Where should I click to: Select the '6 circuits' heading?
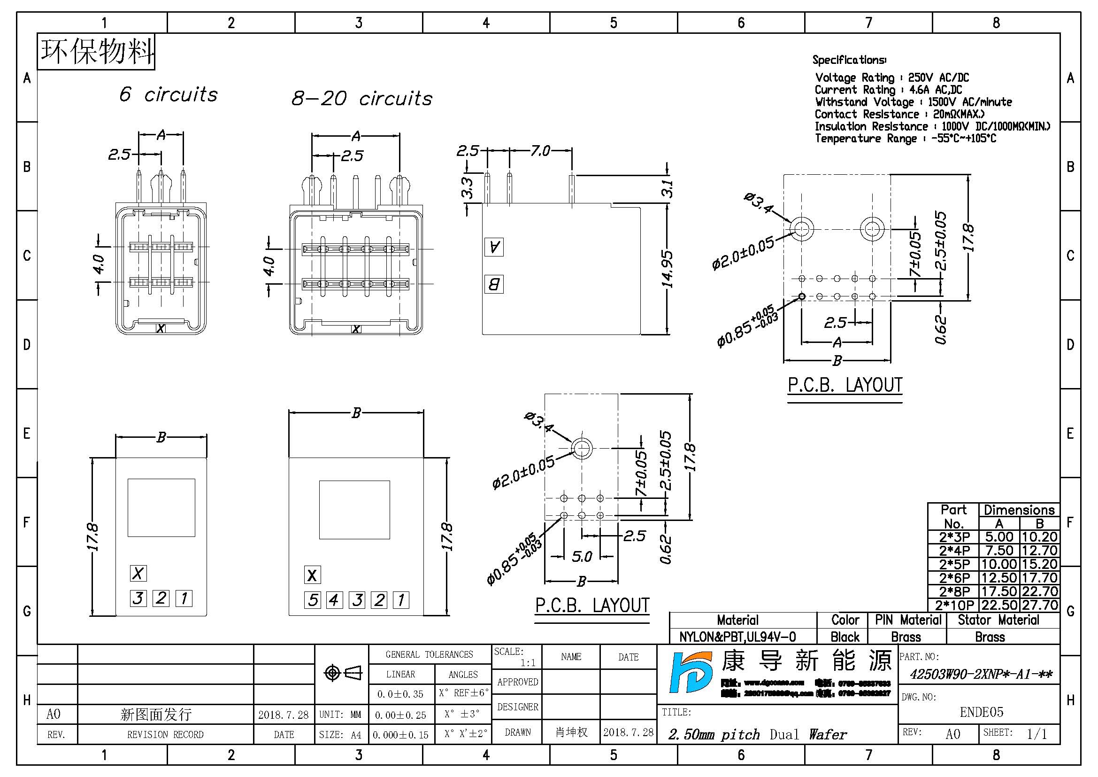[169, 94]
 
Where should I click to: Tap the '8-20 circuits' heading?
[361, 99]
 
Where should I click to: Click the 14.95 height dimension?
[667, 269]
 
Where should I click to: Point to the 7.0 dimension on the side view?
[540, 151]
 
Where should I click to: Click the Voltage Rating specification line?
[891, 78]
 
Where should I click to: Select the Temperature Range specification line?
[905, 138]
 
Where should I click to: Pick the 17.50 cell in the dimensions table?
[998, 591]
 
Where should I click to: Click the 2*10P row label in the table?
[954, 605]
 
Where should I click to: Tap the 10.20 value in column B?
[1039, 537]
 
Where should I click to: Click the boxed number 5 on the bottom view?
[313, 600]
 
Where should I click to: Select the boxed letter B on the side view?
[493, 284]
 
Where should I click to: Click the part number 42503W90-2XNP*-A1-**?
[980, 675]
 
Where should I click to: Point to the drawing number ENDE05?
[981, 712]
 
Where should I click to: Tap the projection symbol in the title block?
[343, 673]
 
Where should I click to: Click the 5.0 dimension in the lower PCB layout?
[582, 556]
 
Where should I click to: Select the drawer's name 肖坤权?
[571, 732]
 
